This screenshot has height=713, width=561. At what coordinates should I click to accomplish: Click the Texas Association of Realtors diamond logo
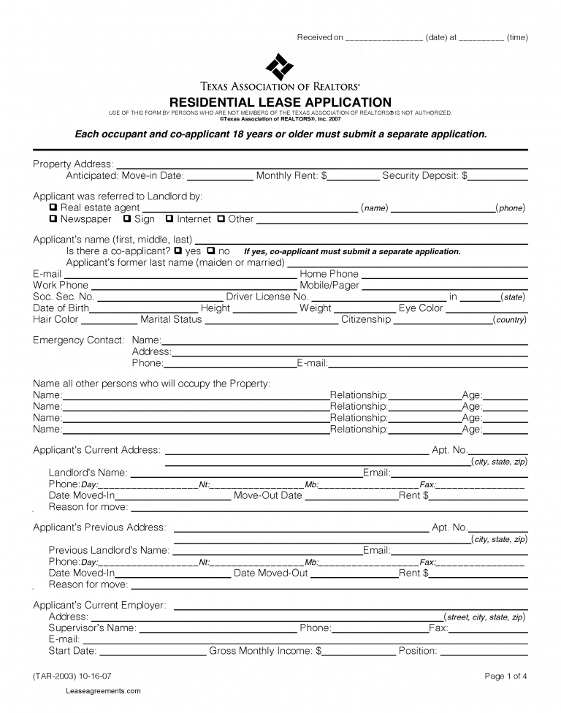(279, 67)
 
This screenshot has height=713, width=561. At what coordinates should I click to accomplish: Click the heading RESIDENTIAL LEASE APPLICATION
(280, 102)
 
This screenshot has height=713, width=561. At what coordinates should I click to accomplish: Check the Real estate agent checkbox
(53, 208)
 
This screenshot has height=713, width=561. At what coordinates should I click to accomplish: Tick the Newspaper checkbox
(53, 219)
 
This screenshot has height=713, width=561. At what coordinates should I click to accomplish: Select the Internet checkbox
(169, 219)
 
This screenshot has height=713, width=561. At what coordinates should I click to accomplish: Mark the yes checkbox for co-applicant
(178, 251)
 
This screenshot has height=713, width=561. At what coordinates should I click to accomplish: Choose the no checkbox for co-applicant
(212, 251)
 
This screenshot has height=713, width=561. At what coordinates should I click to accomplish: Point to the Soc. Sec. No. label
(64, 297)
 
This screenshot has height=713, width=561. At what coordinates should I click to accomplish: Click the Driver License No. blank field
(378, 298)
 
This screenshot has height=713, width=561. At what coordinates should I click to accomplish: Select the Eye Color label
(421, 308)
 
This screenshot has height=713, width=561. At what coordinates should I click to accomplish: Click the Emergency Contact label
(78, 340)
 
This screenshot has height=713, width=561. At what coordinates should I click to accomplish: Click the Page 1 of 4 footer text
(505, 676)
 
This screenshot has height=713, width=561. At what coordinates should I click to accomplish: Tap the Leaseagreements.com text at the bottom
(103, 691)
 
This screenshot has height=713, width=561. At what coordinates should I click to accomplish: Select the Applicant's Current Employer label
(99, 606)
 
